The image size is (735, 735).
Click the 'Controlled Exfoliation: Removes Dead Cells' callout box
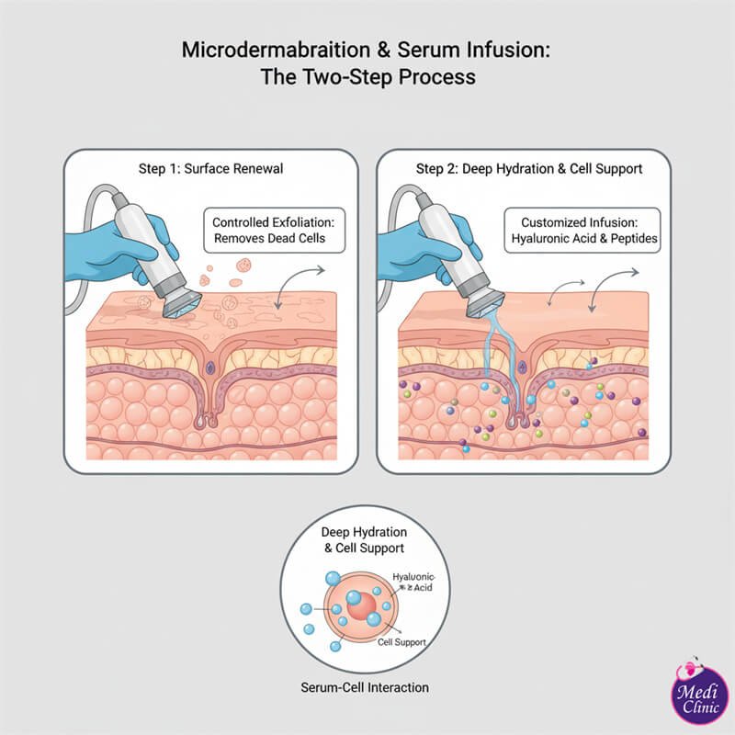(x=268, y=231)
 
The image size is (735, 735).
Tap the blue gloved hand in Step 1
(x=138, y=234)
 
